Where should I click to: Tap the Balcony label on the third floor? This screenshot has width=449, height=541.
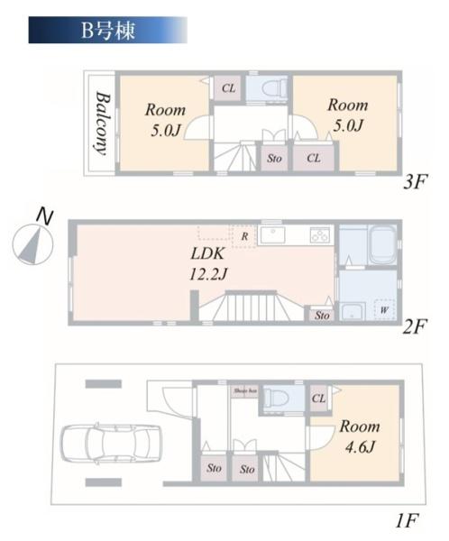(101, 124)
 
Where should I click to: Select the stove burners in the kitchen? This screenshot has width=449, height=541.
(321, 235)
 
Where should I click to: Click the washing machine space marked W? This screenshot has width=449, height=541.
(385, 310)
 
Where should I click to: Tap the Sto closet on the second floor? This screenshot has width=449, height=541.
(321, 315)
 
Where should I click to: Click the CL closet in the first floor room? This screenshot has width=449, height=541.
(319, 398)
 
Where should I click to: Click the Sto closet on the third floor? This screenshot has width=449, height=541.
(274, 158)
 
